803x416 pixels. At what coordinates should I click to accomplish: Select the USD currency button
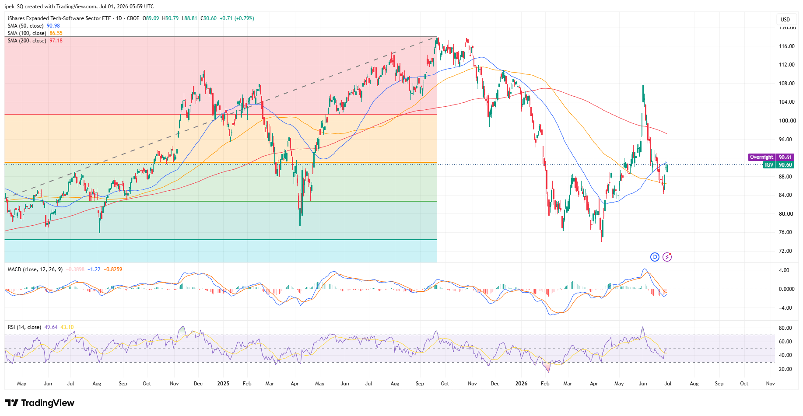click(785, 20)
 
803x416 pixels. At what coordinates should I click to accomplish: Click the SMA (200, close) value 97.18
click(56, 41)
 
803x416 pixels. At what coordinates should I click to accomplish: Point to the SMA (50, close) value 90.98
click(53, 26)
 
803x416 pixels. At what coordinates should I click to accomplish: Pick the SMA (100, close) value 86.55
click(56, 33)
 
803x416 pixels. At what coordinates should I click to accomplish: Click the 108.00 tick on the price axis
click(786, 84)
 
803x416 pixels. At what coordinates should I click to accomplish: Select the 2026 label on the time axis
click(521, 384)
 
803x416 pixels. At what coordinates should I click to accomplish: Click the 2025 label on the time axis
click(223, 384)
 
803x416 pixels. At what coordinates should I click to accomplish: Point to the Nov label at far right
click(770, 384)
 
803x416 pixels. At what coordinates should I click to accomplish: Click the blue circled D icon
click(655, 257)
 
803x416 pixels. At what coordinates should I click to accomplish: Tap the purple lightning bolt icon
click(667, 257)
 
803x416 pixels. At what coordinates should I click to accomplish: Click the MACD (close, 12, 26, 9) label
click(35, 269)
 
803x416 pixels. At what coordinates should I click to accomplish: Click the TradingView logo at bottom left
click(40, 403)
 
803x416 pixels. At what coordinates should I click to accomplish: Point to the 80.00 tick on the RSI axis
click(785, 328)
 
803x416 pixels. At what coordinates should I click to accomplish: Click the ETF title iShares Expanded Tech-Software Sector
click(59, 18)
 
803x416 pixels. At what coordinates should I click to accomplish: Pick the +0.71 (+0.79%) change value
click(237, 18)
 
